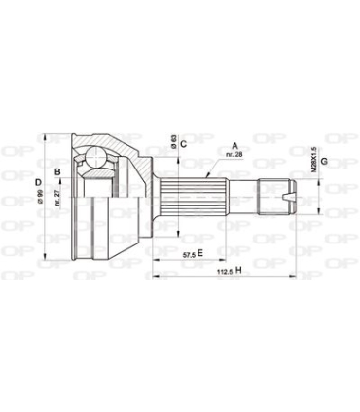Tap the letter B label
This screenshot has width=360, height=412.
pos(59,174)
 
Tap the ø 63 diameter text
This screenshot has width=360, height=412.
pos(172,143)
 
